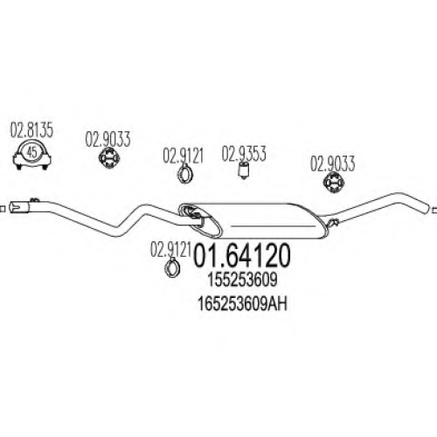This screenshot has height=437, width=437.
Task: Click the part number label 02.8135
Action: coord(31,130)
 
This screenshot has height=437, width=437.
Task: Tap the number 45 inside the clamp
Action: coord(32,152)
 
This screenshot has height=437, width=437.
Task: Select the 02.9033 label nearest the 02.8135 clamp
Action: coord(108,139)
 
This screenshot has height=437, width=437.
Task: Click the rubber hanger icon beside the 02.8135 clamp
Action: coord(109,157)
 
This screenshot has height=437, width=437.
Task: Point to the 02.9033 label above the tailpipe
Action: coord(332,164)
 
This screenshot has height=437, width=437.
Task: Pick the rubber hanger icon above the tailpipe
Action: coord(334,183)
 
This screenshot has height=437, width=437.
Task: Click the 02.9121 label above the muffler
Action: coord(183,156)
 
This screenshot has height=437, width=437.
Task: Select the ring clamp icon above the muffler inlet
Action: coord(184,174)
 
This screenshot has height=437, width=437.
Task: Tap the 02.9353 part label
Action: coord(244,154)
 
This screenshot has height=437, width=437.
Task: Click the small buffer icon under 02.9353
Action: coord(244,170)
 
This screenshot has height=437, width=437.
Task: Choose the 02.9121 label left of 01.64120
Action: coord(170,250)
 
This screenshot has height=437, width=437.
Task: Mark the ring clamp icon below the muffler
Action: coord(172,267)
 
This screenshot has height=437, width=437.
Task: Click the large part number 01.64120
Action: coord(242,255)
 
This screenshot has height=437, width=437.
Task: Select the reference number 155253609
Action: coord(242,281)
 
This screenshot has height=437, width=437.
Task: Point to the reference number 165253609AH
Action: coord(242,304)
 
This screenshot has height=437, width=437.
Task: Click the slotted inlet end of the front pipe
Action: coord(19,208)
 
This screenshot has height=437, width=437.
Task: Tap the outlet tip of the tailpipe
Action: coord(427,208)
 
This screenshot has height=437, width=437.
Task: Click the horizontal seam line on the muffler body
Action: coord(272,225)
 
